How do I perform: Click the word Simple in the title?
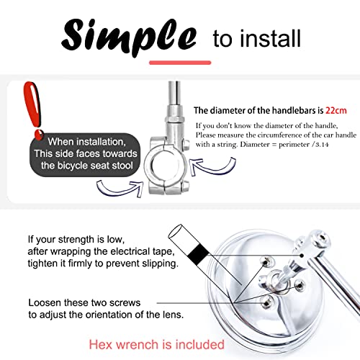pos(129,35)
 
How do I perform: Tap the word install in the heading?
pos(271,38)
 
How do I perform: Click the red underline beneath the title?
pos(180,63)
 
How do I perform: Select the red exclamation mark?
pos(33,110)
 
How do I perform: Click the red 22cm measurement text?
pos(336,111)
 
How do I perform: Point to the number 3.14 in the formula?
pos(322,145)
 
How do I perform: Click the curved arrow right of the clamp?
pos(212,166)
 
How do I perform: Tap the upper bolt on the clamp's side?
pos(186,144)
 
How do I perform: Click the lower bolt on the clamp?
pos(186,186)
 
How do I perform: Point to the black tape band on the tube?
pos(198,254)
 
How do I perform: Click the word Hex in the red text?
pos(101,345)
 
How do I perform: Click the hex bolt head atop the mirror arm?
pos(320,239)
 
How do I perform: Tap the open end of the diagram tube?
pos(176,231)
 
